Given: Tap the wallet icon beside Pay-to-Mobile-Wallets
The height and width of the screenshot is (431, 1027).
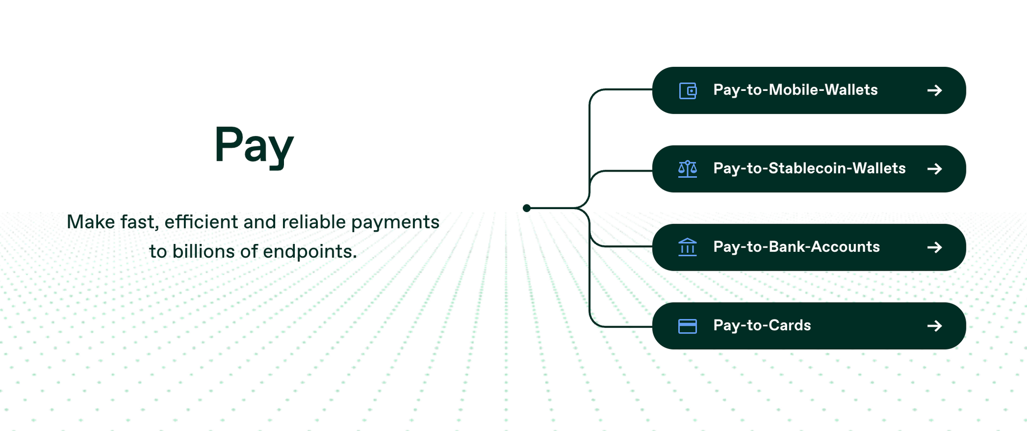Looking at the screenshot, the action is [688, 91].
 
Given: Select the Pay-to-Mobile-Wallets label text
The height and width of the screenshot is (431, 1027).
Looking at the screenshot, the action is [795, 90].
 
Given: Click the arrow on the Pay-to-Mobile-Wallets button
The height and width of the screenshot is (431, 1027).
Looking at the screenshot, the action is [935, 90].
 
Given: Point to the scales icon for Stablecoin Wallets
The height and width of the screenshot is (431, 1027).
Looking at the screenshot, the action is [688, 169].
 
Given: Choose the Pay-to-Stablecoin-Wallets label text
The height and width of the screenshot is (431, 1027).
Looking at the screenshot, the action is [809, 168].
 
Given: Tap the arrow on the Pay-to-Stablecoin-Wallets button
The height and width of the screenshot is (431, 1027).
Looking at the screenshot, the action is [935, 169].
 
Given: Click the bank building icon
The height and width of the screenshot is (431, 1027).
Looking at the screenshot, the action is [688, 247].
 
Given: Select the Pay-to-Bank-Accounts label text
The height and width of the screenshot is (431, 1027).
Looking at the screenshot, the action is [796, 247].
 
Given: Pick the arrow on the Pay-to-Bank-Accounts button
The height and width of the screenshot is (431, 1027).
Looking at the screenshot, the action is [935, 248].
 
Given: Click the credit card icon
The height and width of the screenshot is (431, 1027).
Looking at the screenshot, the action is [688, 326].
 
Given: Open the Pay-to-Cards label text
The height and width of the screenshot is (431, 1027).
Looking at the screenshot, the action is [762, 326].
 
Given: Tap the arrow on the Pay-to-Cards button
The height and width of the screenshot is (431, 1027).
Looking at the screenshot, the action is [935, 326].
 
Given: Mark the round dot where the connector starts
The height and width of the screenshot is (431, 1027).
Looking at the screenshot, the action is [526, 208].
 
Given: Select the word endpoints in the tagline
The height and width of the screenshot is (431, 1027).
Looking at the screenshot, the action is [310, 251].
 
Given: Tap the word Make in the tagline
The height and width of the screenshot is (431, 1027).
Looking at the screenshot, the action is [91, 222].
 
